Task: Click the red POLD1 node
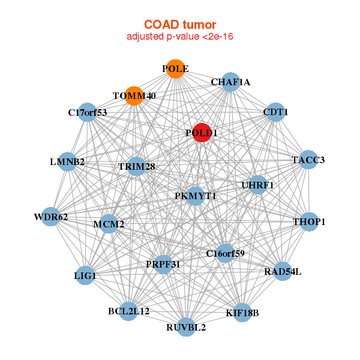point(202,133)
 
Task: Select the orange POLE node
point(176,69)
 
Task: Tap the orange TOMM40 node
point(134,96)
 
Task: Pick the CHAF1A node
point(230,82)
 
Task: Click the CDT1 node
point(275,112)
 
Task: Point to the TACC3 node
point(308,160)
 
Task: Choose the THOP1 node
point(309,222)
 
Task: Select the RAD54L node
point(283,271)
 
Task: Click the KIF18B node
point(242,313)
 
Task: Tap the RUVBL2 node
point(186,327)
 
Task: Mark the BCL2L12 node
point(128,311)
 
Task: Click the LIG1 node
point(85,275)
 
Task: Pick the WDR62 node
point(51,217)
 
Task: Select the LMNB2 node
point(67,161)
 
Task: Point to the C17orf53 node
point(88,112)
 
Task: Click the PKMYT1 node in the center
point(196,196)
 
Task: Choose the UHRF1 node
point(258,185)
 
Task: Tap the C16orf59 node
point(225,253)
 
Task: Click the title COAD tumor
point(180,25)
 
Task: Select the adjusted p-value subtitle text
point(180,37)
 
